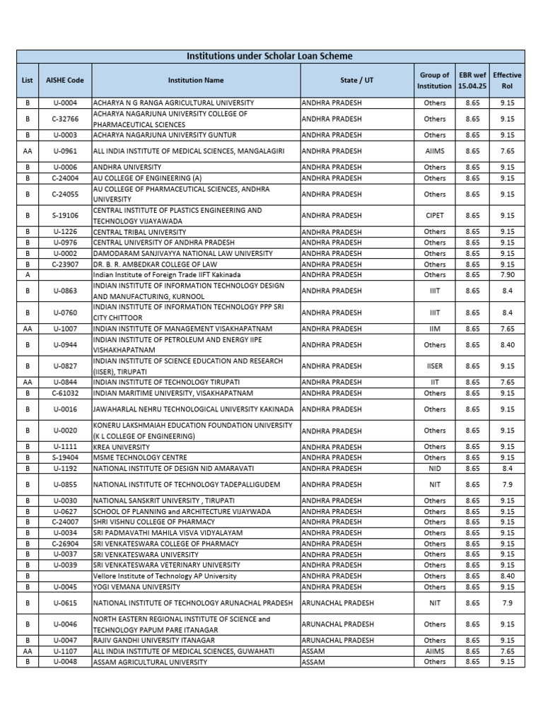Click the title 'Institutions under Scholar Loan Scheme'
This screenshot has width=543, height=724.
(269, 56)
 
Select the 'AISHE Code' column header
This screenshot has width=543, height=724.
(65, 81)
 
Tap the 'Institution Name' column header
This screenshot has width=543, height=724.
(195, 81)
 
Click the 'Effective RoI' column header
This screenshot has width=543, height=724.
(507, 81)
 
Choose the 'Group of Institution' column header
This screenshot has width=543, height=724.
(434, 81)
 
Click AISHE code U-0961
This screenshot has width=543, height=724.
(65, 151)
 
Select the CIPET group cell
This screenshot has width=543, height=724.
(434, 216)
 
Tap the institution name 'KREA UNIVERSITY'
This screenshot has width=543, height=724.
(122, 447)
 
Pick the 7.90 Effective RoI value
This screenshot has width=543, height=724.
(507, 275)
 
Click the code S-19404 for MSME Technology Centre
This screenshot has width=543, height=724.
(65, 457)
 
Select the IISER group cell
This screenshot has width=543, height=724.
(434, 366)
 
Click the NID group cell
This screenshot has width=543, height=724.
(434, 468)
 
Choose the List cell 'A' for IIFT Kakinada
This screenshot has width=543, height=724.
(28, 275)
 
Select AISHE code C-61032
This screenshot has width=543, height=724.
(65, 393)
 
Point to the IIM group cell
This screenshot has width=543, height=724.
(434, 329)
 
